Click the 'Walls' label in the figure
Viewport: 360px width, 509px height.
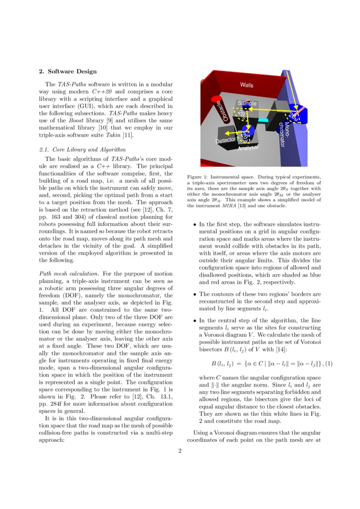(x=247, y=85)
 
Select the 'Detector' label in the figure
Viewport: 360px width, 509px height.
(x=225, y=141)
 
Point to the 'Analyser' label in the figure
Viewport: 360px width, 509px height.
(x=248, y=148)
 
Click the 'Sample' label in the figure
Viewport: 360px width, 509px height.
(x=247, y=104)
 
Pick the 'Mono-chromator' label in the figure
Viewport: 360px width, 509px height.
(x=283, y=135)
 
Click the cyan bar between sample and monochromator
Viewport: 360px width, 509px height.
(x=263, y=119)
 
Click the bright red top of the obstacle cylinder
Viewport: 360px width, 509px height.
(x=216, y=100)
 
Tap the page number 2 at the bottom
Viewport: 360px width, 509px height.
(x=180, y=451)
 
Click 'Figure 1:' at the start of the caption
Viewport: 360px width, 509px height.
(x=198, y=177)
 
